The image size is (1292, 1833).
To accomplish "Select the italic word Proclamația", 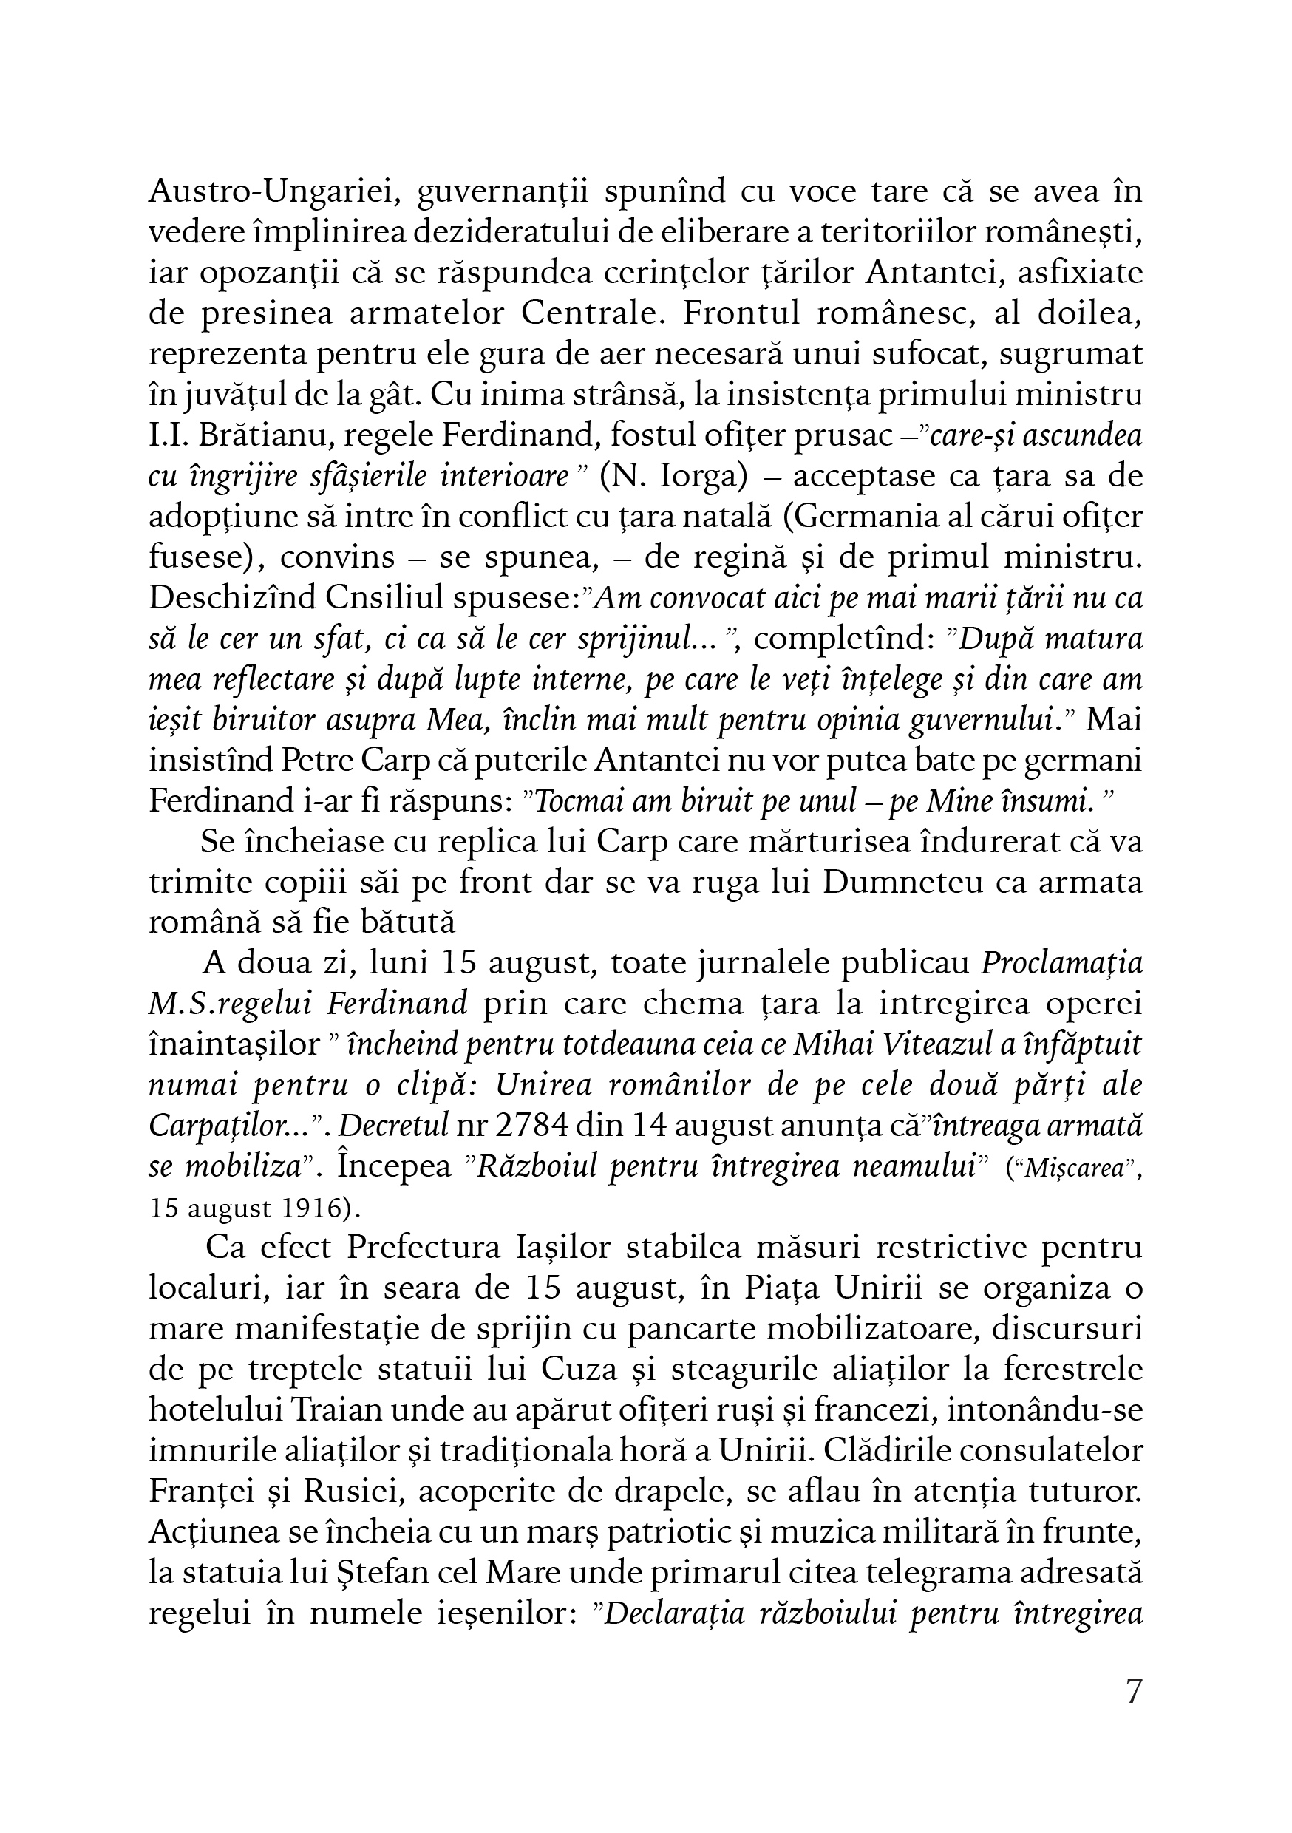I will coord(1061,965).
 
